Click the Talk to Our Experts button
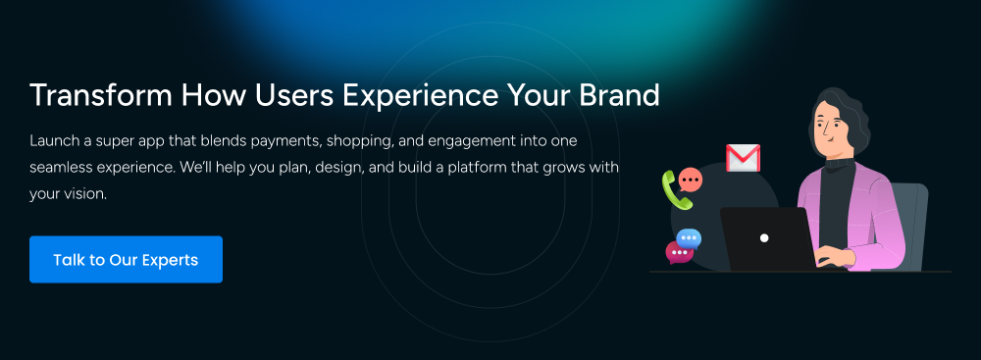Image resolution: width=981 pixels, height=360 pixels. click(126, 260)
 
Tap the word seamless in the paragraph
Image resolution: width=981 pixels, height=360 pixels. click(61, 168)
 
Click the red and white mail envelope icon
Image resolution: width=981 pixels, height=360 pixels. click(743, 158)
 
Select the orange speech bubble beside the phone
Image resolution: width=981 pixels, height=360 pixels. click(692, 180)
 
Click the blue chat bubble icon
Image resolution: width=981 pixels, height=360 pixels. click(690, 237)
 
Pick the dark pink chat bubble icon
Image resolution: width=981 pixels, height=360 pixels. click(678, 252)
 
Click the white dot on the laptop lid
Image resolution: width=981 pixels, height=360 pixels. click(764, 238)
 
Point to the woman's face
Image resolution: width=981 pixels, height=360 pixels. click(833, 127)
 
